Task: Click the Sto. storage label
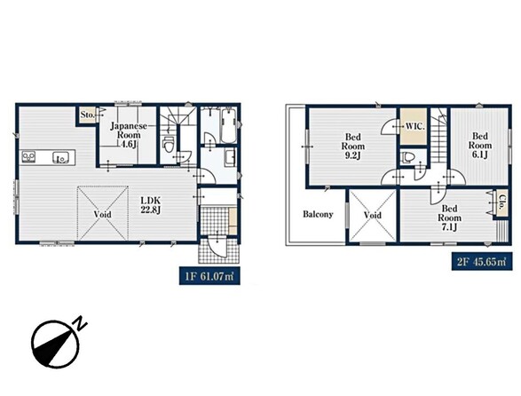pos(87,115)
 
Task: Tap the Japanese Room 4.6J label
pos(129,135)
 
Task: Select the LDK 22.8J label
pos(151,205)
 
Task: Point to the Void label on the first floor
pos(102,215)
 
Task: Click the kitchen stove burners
pos(28,156)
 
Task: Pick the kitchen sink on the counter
pos(60,157)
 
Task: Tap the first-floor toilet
pos(169,145)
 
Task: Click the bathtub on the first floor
pos(228,126)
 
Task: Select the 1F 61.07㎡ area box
pos(209,275)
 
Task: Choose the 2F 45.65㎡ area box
pos(482,262)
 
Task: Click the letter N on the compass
pos(80,323)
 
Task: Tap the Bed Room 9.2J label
pos(353,147)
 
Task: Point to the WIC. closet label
pos(414,127)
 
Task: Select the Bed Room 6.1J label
pos(480,146)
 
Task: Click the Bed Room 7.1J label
pos(449,218)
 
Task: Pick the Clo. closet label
pos(501,203)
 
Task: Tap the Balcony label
pos(318,215)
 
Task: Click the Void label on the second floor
pos(373,215)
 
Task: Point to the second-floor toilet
pos(407,157)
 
